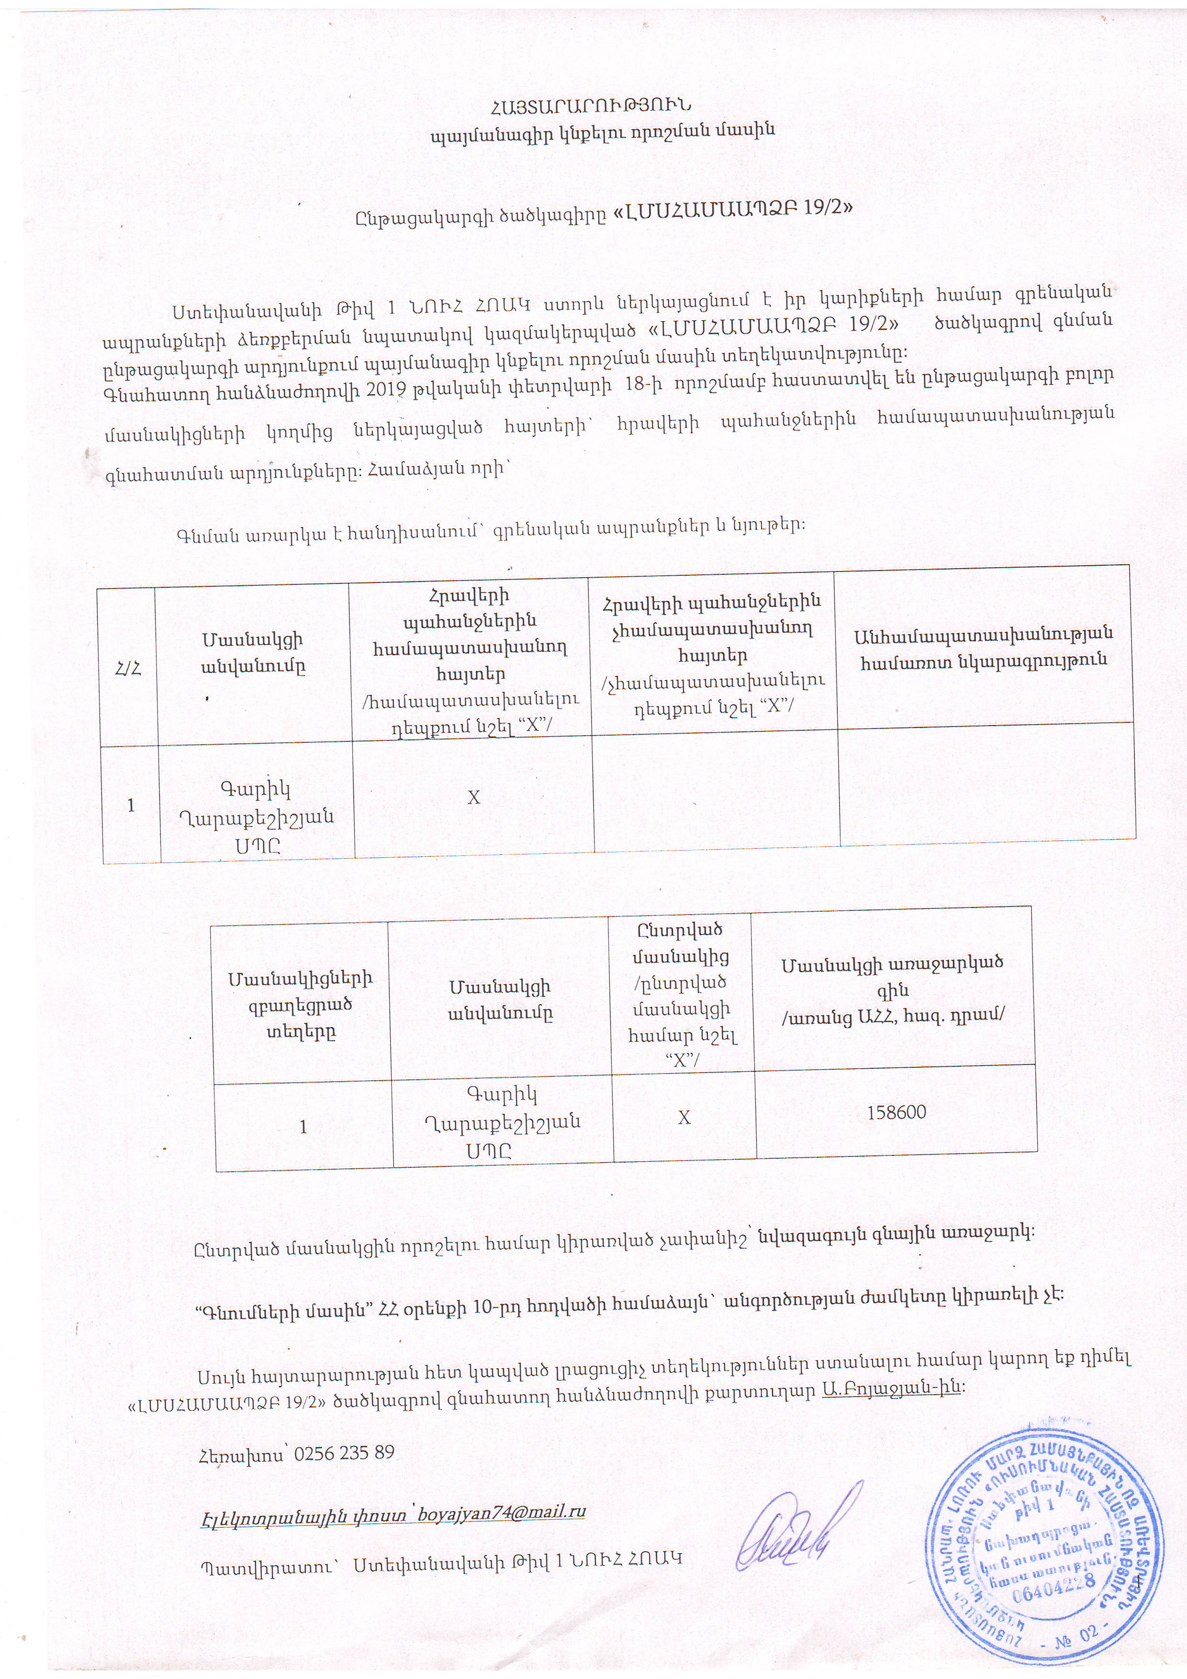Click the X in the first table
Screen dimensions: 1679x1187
[x=473, y=796]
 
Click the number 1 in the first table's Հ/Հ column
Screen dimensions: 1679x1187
[x=131, y=805]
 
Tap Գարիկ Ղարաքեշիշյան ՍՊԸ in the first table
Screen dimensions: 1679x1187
[x=256, y=817]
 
